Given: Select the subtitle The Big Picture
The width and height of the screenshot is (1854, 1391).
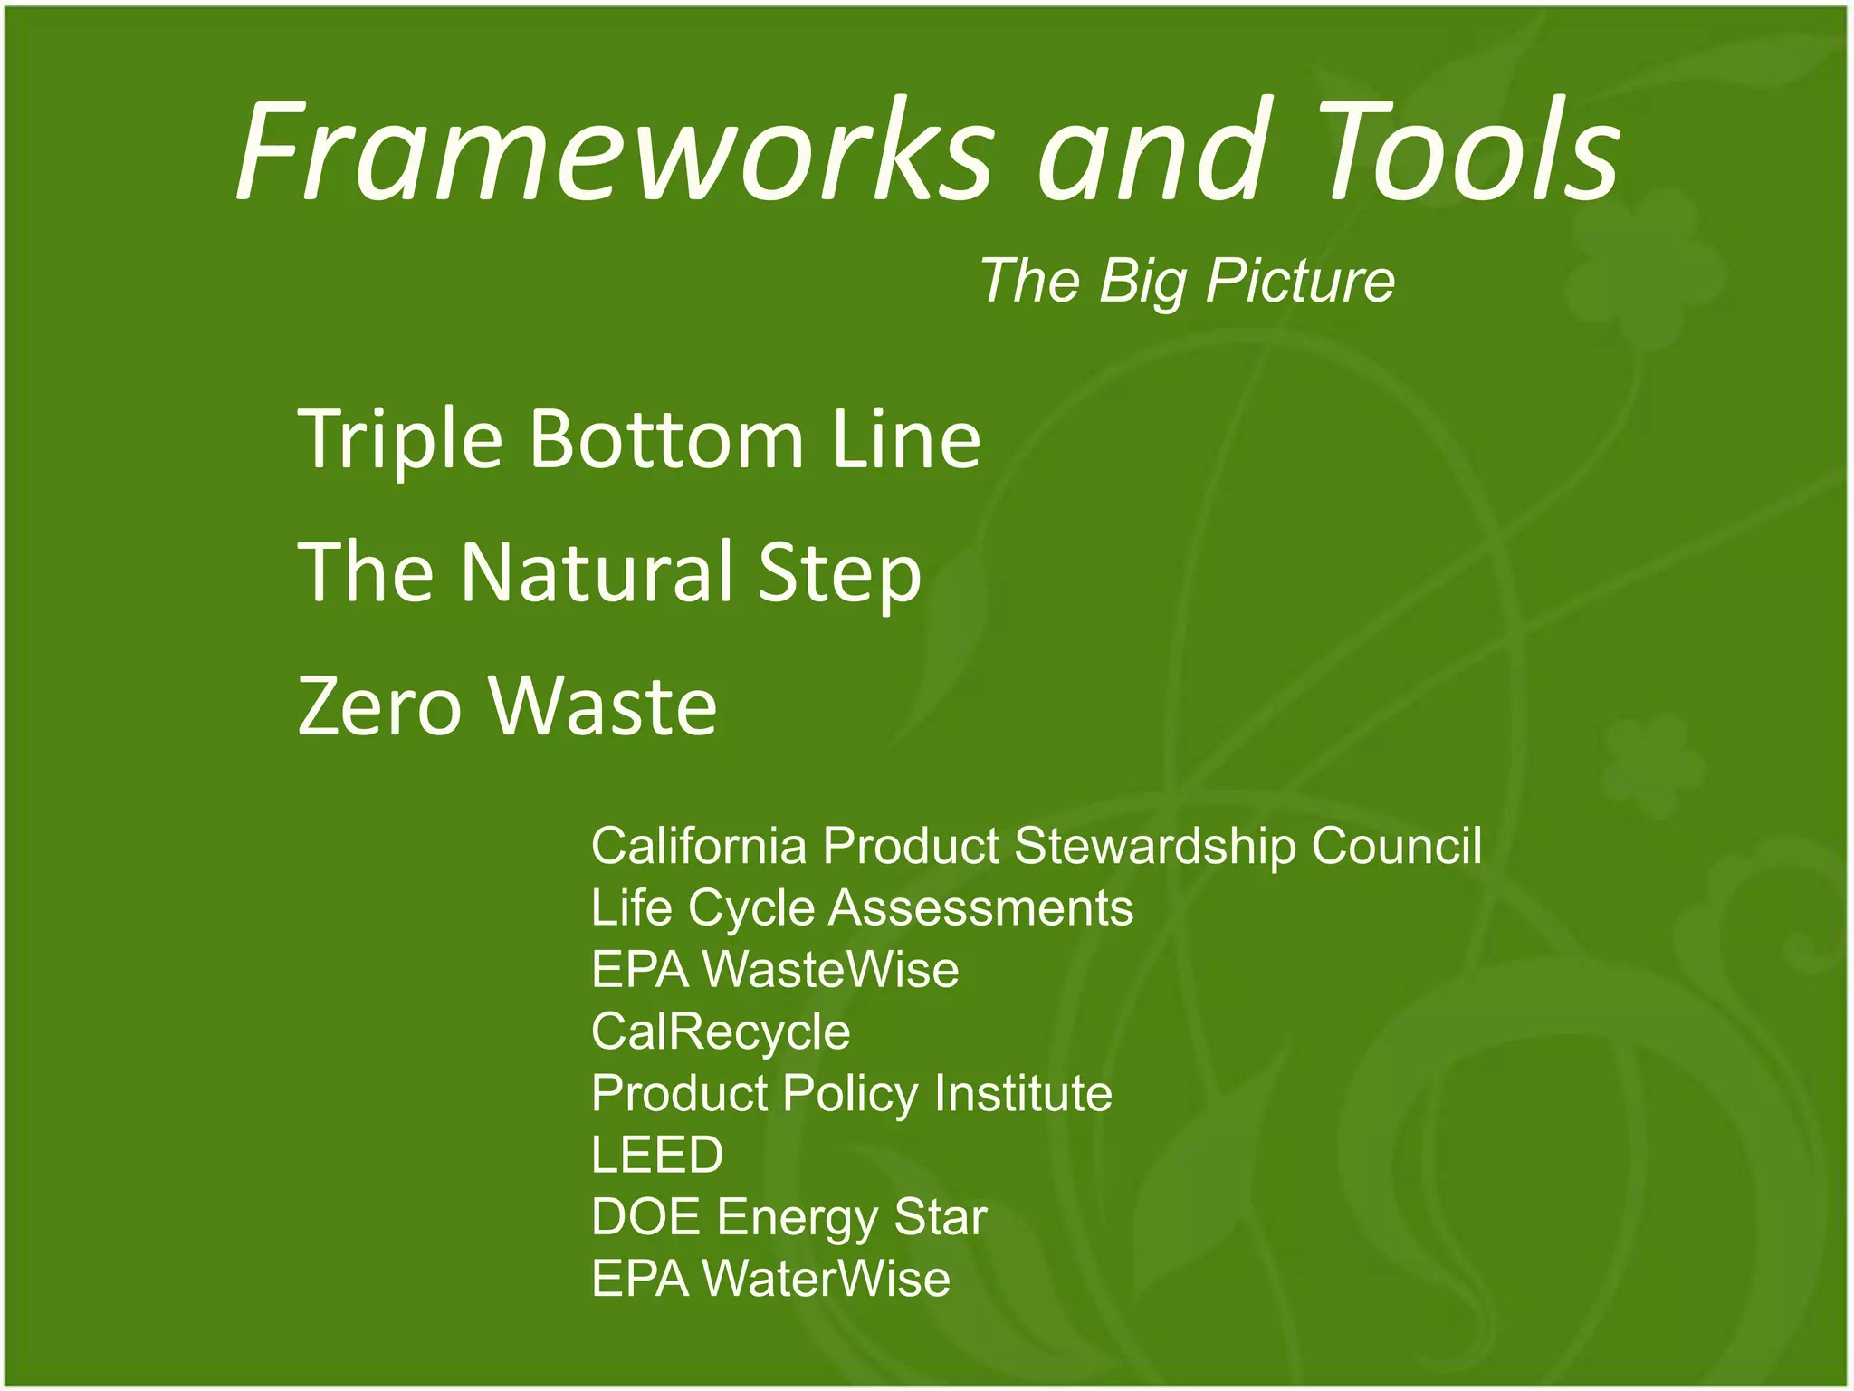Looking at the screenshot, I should point(1187,281).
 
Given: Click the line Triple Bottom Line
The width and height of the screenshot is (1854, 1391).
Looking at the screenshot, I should point(639,440).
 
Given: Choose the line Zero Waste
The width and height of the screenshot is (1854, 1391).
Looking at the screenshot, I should point(507,706).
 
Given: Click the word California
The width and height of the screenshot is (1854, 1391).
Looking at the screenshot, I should point(698,846).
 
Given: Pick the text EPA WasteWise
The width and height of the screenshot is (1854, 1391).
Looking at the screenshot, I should point(775,969).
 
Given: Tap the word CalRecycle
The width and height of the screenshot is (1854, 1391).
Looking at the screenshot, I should point(721,1031).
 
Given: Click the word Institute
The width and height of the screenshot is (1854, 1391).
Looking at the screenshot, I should point(1023,1093).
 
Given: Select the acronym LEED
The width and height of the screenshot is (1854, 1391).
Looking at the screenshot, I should point(657,1155).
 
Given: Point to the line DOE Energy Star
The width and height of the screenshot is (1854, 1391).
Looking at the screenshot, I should point(788,1216).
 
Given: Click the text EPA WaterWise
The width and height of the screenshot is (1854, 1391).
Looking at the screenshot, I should point(770,1278).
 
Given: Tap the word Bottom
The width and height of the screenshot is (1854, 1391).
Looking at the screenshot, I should point(666,440).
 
